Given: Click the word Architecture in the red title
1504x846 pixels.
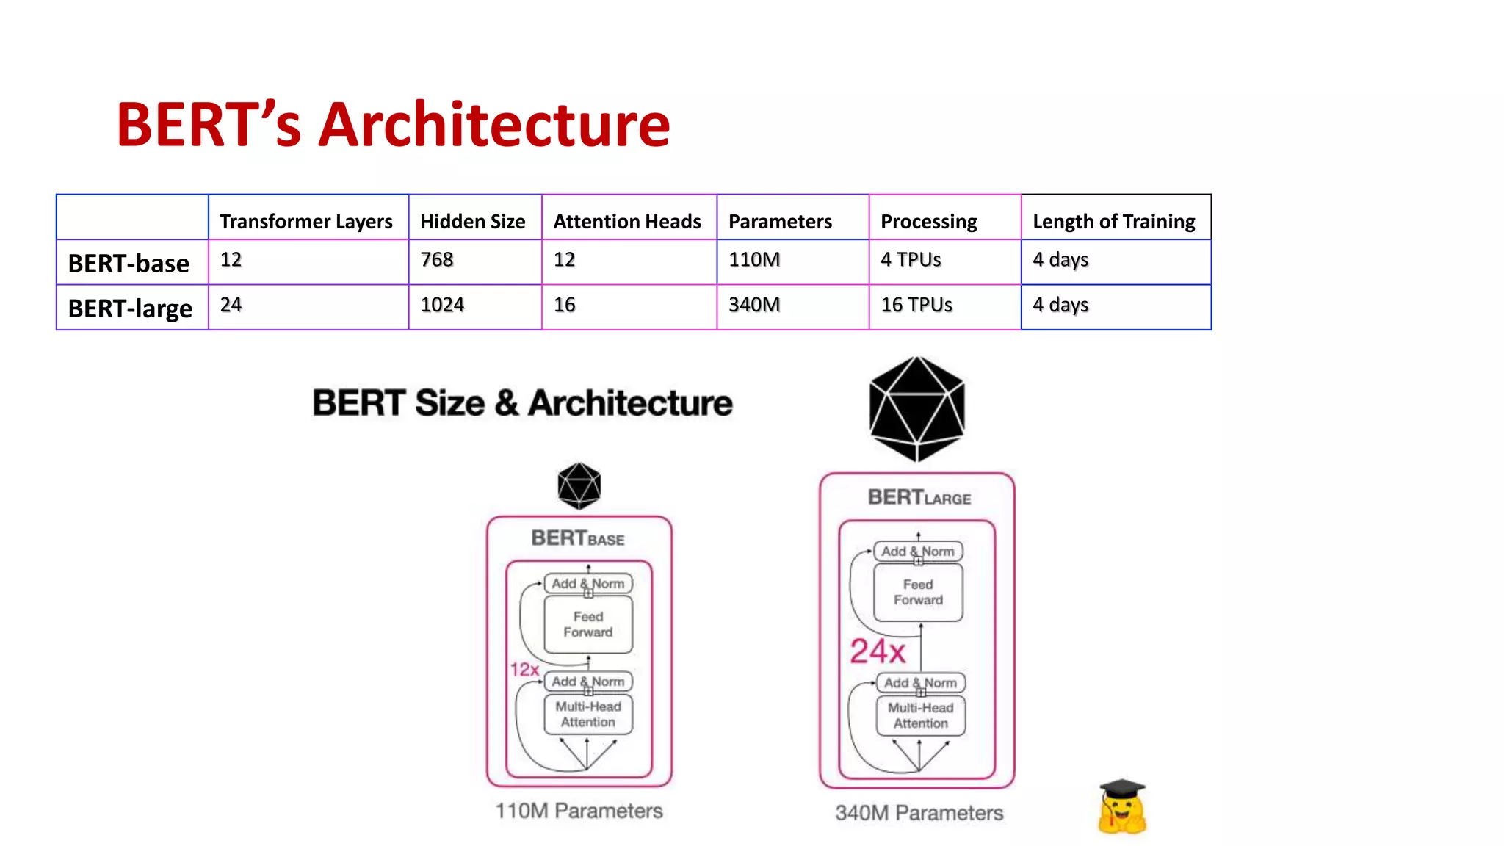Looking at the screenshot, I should tap(493, 125).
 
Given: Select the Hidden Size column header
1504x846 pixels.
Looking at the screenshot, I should tap(472, 221).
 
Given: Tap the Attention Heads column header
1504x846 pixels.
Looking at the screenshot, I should tap(627, 221).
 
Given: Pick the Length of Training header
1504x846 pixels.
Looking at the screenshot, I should tap(1113, 221).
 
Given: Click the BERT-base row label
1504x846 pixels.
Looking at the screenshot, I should tap(129, 263).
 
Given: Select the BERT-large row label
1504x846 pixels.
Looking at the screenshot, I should tap(130, 308).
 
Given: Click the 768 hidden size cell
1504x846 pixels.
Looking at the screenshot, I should tap(437, 260).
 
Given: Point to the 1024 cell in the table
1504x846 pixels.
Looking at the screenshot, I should tap(442, 305).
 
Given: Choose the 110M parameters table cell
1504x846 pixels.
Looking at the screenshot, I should tap(754, 260).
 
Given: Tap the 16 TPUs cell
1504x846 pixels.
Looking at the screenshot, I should tap(916, 305).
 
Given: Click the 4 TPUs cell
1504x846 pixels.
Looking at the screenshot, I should tap(911, 260).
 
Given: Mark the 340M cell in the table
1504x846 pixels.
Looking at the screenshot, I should tap(754, 305).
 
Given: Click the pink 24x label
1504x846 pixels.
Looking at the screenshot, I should tap(878, 651).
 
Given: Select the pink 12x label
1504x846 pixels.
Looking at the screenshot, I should tap(524, 669).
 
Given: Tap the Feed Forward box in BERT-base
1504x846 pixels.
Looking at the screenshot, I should tap(587, 624).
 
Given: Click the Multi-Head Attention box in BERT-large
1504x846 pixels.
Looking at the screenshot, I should tap(920, 715).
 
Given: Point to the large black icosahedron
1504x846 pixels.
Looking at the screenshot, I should tap(916, 408).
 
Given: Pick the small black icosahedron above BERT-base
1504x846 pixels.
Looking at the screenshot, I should tap(579, 485).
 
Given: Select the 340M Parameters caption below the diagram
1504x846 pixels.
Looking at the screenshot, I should tap(919, 813).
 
